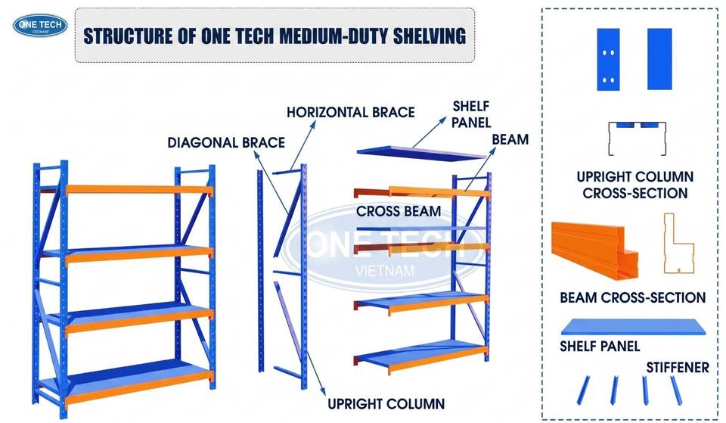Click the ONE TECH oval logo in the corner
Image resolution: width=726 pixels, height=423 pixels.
(40, 26)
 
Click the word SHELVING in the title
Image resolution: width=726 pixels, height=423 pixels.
(430, 36)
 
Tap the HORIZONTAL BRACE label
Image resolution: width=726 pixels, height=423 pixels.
(350, 112)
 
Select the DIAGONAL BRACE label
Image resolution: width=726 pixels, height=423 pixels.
(226, 142)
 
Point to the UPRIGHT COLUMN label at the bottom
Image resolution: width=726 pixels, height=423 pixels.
(386, 403)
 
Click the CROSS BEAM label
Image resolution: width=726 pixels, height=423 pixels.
(399, 211)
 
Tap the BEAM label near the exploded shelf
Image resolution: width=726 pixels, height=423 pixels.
(510, 139)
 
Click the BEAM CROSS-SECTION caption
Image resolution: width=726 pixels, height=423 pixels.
(632, 297)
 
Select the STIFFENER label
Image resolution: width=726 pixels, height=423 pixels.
(678, 368)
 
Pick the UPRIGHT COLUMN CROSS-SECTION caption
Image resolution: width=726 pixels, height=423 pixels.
(634, 185)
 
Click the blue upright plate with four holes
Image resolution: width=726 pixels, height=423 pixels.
(608, 59)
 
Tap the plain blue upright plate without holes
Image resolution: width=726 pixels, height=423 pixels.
(659, 59)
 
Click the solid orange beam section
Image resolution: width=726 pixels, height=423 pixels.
(595, 250)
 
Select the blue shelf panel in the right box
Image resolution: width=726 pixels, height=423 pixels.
(633, 327)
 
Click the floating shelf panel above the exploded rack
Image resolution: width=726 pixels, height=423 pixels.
(420, 152)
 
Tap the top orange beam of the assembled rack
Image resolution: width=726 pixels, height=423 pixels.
(139, 189)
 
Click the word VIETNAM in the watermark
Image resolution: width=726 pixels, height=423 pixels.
(384, 271)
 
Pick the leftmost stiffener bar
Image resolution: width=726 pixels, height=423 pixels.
(583, 390)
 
